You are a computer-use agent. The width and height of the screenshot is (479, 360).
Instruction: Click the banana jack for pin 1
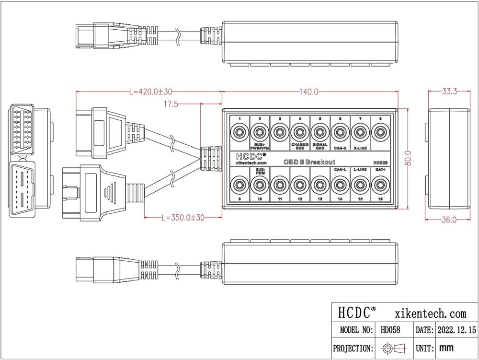(x=239, y=132)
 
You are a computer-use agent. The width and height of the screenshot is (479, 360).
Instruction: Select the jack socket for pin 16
(x=380, y=184)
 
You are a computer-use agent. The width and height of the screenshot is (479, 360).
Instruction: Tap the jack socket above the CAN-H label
(x=340, y=132)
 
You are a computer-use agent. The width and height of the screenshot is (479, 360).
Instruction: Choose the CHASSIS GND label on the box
(x=299, y=146)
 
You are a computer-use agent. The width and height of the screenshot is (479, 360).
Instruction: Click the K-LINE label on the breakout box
(x=360, y=148)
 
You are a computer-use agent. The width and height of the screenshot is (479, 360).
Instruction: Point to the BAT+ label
(x=380, y=170)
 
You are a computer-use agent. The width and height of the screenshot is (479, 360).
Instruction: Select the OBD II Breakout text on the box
(x=309, y=162)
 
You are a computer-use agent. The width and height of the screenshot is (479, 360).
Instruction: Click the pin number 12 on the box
(x=299, y=198)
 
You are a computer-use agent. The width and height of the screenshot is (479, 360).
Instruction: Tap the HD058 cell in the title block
(x=390, y=330)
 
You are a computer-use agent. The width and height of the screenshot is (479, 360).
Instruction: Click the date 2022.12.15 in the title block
(x=456, y=330)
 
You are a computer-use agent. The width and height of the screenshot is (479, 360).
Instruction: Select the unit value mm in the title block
(x=445, y=348)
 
